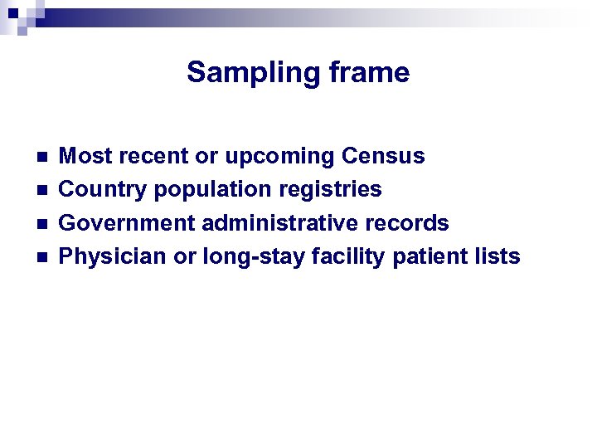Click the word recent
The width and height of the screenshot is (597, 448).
pyautogui.click(x=148, y=156)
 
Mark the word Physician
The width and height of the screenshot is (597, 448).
pyautogui.click(x=113, y=257)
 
